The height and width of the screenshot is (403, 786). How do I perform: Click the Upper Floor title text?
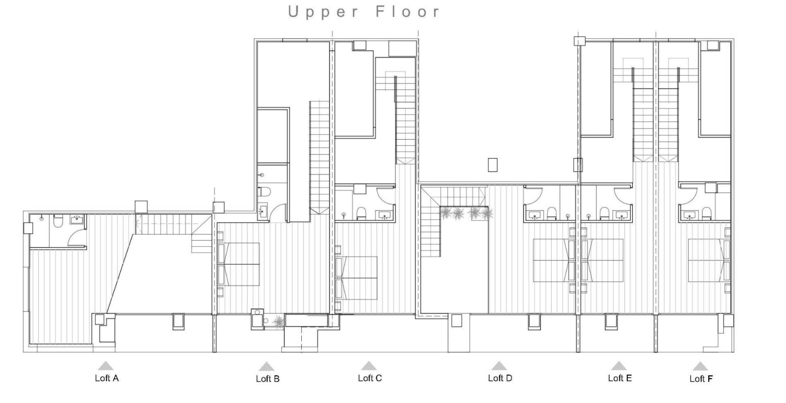coord(363,12)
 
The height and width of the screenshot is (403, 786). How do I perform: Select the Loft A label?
coord(107,378)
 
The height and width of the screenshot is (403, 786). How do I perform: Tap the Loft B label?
coord(267,379)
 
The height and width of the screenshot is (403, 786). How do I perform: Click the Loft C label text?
coord(369,378)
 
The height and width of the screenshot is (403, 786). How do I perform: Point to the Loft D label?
coord(500,378)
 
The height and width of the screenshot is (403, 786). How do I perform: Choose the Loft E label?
coord(619,378)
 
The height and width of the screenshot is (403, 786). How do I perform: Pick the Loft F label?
coord(701,379)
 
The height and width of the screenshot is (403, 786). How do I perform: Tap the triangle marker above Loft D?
coord(499,366)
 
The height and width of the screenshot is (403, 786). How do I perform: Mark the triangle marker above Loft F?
coord(700,366)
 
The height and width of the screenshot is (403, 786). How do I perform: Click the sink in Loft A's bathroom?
coord(77,220)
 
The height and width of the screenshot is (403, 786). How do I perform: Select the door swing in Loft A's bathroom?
coord(77,237)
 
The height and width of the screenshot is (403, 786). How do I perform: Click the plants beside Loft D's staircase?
coord(465,213)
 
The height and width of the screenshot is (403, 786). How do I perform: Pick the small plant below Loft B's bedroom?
coord(277,321)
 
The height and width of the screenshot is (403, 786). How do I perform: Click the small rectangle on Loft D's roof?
coord(492,165)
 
